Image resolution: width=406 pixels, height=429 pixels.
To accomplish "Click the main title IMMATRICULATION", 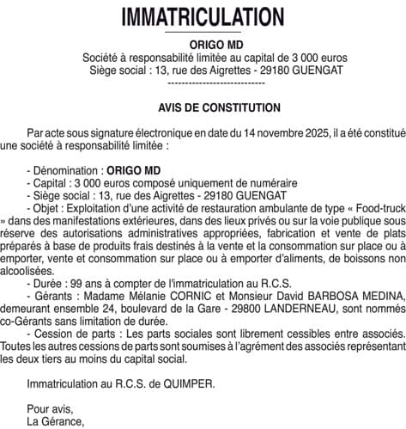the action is pos(203,17).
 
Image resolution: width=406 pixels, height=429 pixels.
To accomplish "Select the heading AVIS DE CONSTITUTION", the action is pos(203,108).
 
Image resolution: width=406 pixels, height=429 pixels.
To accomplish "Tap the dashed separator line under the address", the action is pos(203,83).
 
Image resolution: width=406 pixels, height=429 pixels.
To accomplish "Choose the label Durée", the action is pos(50,280).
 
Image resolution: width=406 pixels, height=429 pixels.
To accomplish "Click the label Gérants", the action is pos(54,292).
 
